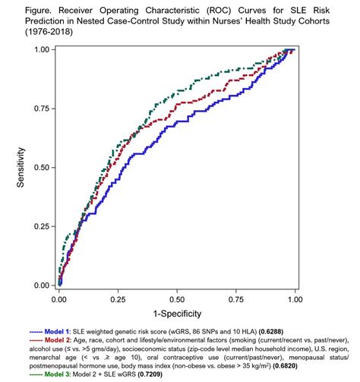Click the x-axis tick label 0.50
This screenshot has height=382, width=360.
click(x=176, y=300)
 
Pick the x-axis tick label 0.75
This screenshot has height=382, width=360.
click(x=235, y=300)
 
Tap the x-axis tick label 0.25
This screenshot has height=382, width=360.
click(x=117, y=300)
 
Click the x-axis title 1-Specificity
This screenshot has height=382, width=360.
click(x=176, y=314)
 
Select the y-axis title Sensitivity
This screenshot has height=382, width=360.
click(x=23, y=167)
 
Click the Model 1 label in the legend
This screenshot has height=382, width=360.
click(x=54, y=332)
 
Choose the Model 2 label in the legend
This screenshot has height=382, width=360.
click(x=54, y=342)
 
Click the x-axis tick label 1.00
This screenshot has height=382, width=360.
click(x=294, y=300)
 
